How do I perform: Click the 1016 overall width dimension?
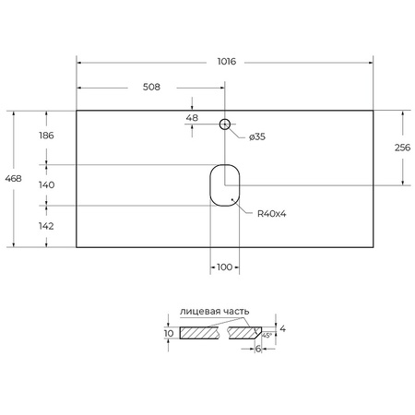point(225,62)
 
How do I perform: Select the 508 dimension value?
point(152,88)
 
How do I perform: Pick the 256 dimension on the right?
point(402,148)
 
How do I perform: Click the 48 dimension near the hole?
point(192,118)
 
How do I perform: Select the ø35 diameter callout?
point(258,137)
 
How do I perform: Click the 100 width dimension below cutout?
point(223,267)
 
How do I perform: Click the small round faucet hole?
point(224,124)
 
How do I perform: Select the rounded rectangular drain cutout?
point(224,184)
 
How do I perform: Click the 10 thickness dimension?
point(169,333)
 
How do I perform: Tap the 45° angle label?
point(266,336)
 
